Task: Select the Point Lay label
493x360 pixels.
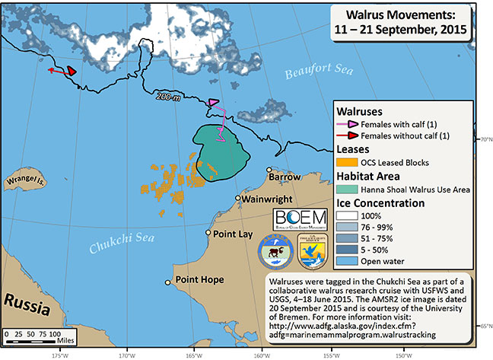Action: click(x=233, y=234)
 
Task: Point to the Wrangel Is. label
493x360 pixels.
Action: click(x=26, y=182)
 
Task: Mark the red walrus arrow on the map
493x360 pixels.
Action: click(x=71, y=70)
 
